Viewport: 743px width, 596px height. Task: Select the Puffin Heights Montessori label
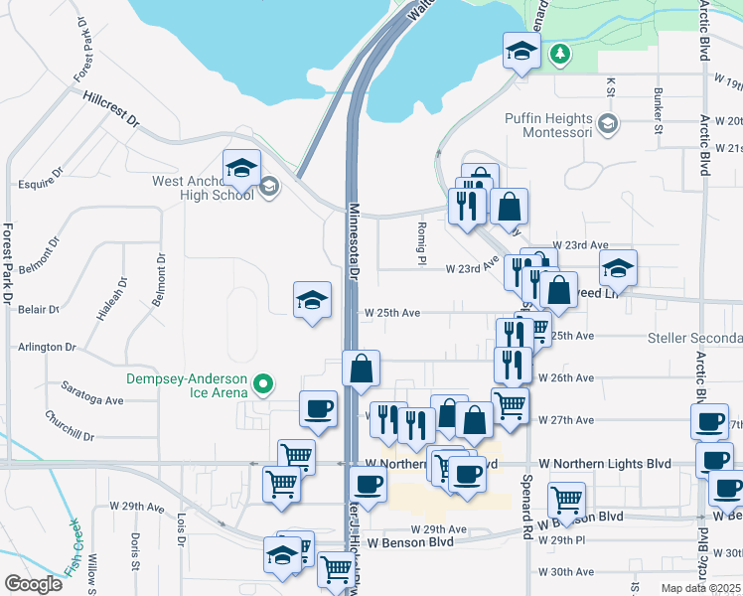click(546, 124)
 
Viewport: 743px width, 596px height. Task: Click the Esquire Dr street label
click(41, 185)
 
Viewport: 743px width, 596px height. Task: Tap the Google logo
click(33, 584)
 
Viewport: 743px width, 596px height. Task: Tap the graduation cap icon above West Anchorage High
click(241, 169)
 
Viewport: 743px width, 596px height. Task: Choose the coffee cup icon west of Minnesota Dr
click(318, 407)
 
